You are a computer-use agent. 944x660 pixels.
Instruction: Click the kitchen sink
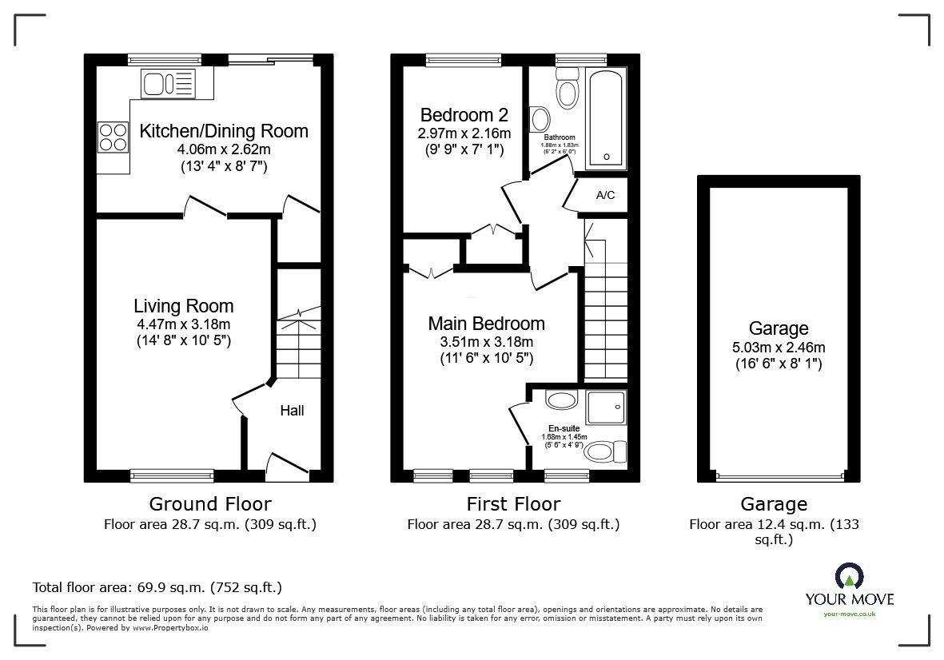tap(168, 84)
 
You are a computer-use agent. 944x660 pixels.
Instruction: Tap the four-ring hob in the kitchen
tap(114, 137)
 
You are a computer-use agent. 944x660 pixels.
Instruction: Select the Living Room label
tap(184, 306)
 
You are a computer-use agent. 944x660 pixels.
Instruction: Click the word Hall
tap(292, 411)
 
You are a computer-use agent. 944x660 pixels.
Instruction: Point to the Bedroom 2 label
tap(464, 114)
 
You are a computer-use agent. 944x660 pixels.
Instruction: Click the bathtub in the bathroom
tap(606, 118)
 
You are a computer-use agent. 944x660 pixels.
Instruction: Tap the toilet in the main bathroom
tap(568, 88)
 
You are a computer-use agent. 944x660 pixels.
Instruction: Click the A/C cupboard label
tap(605, 195)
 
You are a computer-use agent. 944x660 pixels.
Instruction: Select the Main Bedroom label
tap(487, 323)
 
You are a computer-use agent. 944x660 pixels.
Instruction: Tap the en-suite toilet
tap(606, 451)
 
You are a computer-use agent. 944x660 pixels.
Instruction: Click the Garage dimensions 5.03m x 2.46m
tap(779, 347)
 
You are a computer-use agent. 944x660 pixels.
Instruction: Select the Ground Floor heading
tap(210, 503)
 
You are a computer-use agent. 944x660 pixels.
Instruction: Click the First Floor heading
tap(513, 503)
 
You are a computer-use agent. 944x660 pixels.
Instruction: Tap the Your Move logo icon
tap(850, 576)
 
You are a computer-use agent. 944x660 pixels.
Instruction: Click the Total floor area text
tap(157, 587)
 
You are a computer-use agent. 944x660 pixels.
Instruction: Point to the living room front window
tap(172, 476)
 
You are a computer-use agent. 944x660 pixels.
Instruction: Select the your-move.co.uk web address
tap(850, 614)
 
